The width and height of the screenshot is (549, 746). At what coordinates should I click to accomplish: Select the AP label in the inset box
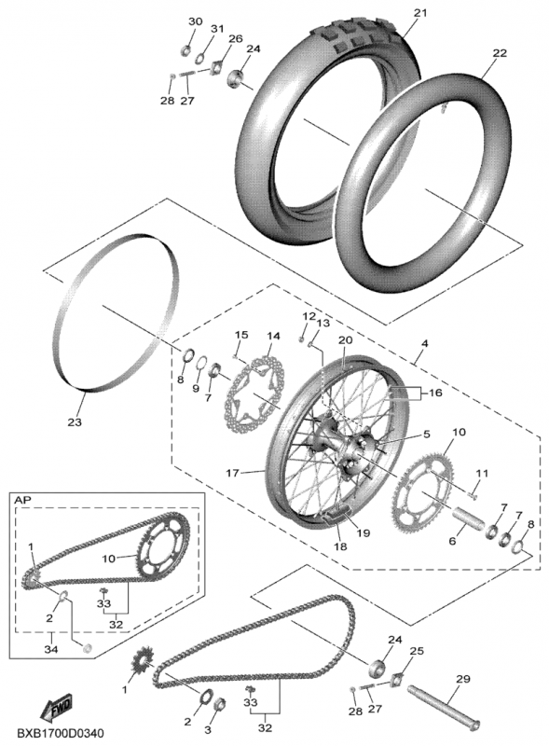pyautogui.click(x=21, y=501)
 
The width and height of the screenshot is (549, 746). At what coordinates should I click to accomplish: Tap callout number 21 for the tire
pyautogui.click(x=420, y=13)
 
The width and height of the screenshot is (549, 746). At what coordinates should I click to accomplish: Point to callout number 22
pyautogui.click(x=499, y=53)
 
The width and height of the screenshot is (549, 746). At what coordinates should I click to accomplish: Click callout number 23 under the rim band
pyautogui.click(x=75, y=421)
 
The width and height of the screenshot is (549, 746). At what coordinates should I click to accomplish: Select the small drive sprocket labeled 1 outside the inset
pyautogui.click(x=142, y=659)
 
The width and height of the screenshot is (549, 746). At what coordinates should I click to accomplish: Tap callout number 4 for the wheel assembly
pyautogui.click(x=424, y=342)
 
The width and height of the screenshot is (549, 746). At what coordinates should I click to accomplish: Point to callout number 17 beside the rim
pyautogui.click(x=232, y=473)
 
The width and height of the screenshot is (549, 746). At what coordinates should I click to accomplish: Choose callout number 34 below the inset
pyautogui.click(x=51, y=648)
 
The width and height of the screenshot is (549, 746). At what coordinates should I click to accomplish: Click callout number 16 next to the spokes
pyautogui.click(x=435, y=393)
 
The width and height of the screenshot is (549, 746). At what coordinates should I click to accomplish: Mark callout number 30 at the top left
pyautogui.click(x=195, y=21)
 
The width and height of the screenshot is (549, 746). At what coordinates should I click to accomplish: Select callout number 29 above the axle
pyautogui.click(x=463, y=679)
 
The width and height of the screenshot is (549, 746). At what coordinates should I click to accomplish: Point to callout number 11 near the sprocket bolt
pyautogui.click(x=482, y=473)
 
